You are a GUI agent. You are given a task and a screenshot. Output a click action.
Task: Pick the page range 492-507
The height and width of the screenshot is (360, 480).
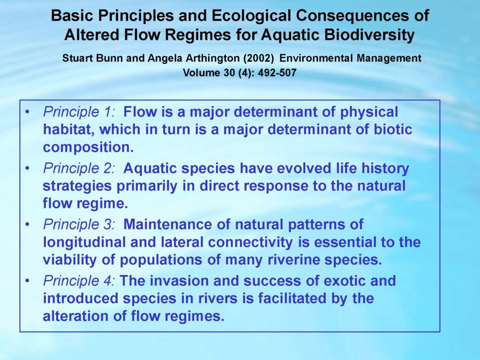click(277, 73)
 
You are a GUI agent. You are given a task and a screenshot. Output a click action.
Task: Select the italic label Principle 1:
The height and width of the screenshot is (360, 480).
click(79, 112)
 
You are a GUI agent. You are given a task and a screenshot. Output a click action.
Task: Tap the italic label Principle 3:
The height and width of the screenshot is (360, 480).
click(79, 225)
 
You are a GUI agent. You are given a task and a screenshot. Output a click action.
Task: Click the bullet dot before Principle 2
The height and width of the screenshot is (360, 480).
click(28, 169)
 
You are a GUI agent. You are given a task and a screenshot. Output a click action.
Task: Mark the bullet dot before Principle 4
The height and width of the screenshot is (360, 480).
click(28, 281)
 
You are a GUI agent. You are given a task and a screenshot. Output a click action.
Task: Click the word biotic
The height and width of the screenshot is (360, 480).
click(393, 129)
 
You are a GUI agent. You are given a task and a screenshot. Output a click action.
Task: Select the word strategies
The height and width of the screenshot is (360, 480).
click(77, 186)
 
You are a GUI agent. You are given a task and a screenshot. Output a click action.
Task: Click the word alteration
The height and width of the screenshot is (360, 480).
click(76, 316)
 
